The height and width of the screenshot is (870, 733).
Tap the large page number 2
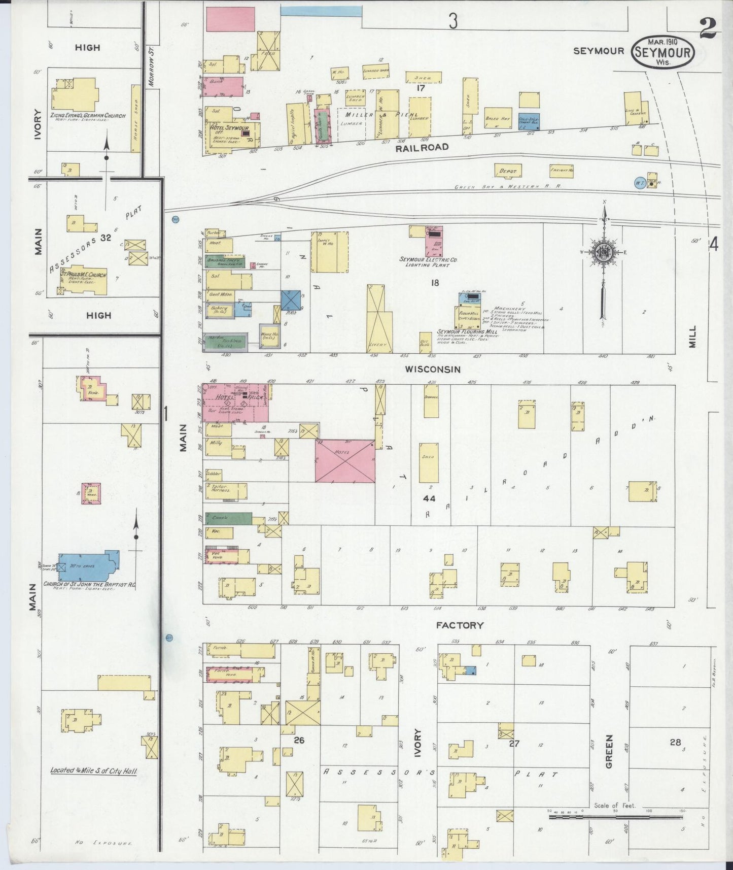coord(707,29)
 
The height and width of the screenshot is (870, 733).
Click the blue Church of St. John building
coord(89,567)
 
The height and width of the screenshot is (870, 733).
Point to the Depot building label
coord(508,172)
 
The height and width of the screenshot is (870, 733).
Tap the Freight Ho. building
coord(561,171)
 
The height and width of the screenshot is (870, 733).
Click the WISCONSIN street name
coord(432,369)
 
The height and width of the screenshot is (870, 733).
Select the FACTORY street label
coord(460,625)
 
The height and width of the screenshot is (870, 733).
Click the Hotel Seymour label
coord(229,128)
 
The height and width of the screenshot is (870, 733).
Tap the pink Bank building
coord(223,86)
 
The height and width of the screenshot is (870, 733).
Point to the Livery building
coord(379,318)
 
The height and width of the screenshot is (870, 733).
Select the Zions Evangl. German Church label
coord(87,116)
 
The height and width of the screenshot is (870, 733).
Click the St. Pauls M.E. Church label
coord(84,275)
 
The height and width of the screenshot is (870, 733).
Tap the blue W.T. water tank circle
coord(639,182)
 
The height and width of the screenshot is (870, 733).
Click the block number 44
coord(429,498)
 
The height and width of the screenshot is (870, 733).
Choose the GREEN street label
coord(609,751)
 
